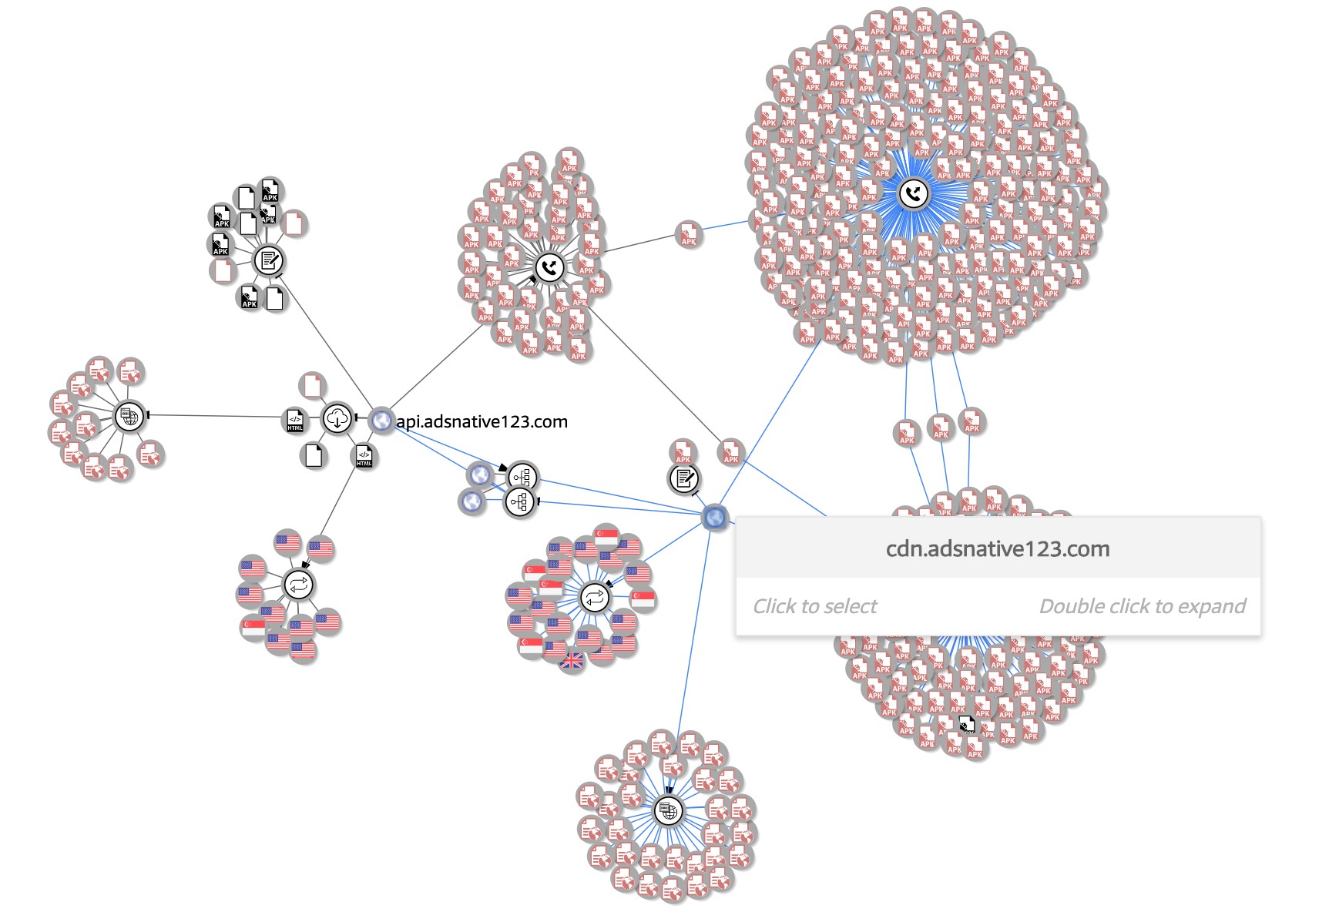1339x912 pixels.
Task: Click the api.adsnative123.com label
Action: (x=482, y=421)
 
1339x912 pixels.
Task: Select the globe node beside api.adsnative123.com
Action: (x=381, y=420)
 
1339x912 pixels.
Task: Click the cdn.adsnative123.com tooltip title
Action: (x=998, y=548)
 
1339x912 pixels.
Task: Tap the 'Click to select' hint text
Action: (x=814, y=606)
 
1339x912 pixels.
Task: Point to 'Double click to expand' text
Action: (x=1142, y=606)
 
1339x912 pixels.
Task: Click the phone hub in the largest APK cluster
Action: (x=913, y=193)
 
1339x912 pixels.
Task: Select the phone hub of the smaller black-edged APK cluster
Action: (x=549, y=267)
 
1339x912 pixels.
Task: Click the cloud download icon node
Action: (x=337, y=419)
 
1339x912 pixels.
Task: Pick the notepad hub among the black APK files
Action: (x=268, y=260)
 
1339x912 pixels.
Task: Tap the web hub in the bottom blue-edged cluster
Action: (x=668, y=811)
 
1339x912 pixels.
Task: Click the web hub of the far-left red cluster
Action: (x=129, y=417)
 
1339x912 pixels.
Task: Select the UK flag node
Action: (x=572, y=660)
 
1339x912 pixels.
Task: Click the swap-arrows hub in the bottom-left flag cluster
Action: (x=299, y=584)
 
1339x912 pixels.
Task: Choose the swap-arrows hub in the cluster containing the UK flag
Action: (x=594, y=597)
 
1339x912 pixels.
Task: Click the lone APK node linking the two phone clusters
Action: (x=688, y=234)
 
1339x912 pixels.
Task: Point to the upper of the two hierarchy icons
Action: (x=522, y=477)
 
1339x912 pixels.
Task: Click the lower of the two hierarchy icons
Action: (x=520, y=503)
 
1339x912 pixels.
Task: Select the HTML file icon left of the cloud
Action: (x=295, y=421)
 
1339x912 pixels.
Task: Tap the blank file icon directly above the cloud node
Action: (x=312, y=385)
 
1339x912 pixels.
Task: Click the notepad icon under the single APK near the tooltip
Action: (x=683, y=479)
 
